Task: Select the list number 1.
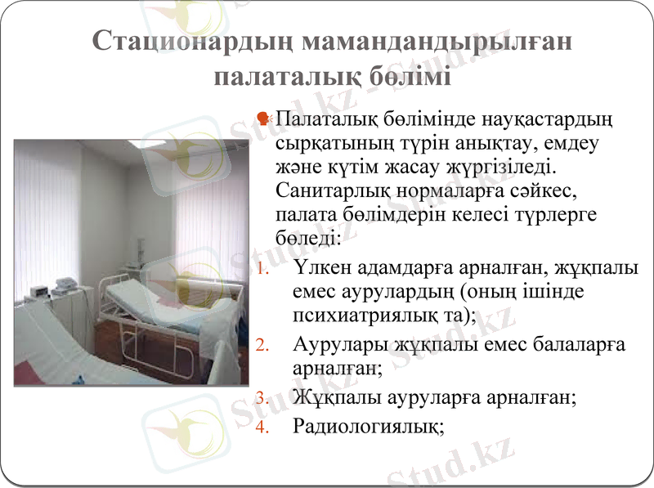click(x=261, y=269)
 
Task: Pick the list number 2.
click(x=261, y=345)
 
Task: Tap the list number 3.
click(x=261, y=399)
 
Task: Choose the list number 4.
click(x=261, y=426)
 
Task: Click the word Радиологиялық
click(x=368, y=426)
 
